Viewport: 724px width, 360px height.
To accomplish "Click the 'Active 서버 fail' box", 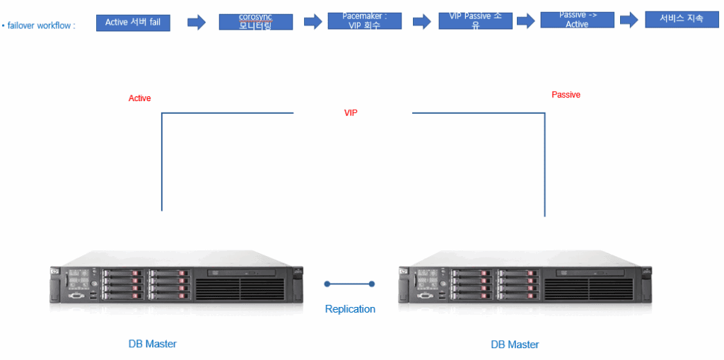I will click(x=133, y=23).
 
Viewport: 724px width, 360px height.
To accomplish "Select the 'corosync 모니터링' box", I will click(x=255, y=21).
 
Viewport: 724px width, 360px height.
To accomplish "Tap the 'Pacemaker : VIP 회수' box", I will click(x=365, y=21).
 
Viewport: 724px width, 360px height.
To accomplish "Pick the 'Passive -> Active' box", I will click(x=577, y=20).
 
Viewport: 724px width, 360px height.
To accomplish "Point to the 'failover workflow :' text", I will click(x=40, y=25).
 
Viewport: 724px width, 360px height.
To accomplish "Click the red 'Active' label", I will click(x=139, y=98).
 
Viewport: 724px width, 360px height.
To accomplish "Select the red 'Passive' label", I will click(x=566, y=95).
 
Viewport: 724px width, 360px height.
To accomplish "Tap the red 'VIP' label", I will click(x=351, y=113).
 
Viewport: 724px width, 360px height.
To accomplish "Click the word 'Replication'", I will click(x=350, y=309).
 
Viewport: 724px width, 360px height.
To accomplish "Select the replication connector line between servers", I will click(x=349, y=284).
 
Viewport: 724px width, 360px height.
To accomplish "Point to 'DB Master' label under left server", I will click(x=153, y=344).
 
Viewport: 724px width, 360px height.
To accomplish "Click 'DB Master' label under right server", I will click(x=515, y=344).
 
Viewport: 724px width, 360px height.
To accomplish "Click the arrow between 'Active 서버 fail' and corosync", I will click(x=196, y=23).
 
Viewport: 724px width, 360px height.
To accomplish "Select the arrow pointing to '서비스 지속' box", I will click(x=629, y=20).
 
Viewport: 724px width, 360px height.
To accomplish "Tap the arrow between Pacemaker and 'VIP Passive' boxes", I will click(x=421, y=21).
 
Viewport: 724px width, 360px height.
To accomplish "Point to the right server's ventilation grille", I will click(x=588, y=289).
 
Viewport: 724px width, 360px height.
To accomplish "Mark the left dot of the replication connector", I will click(x=327, y=284).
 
